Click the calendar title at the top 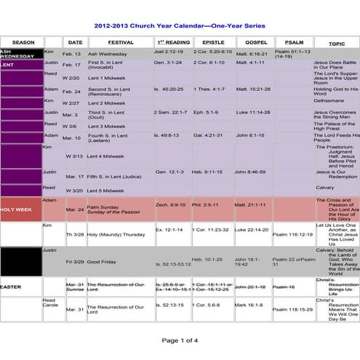point(179,23)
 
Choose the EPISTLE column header point(213,43)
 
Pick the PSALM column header point(294,43)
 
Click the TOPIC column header point(336,44)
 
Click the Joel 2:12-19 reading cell point(169,53)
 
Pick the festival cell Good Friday point(104,260)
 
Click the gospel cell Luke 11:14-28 point(253,113)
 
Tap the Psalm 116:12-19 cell point(293,235)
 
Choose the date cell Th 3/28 point(74,235)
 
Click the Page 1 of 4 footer point(180,340)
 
